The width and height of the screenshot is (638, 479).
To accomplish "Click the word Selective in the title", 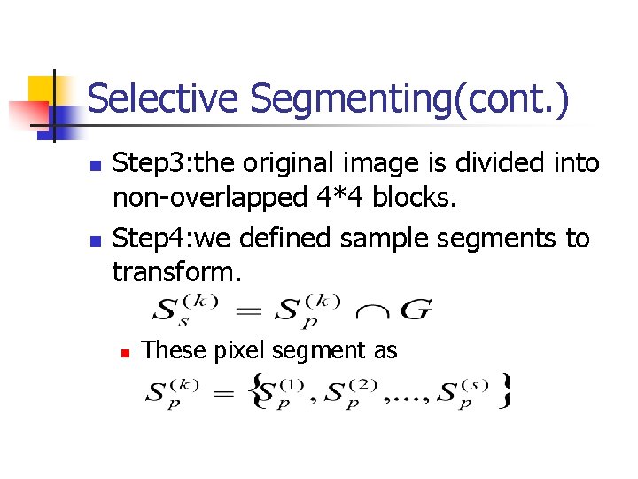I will pos(163,98).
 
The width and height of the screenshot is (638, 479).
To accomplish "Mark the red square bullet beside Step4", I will pos(97,240).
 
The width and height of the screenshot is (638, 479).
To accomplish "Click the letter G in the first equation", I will pos(416,310).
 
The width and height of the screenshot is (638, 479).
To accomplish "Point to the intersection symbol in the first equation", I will pos(371,312).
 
